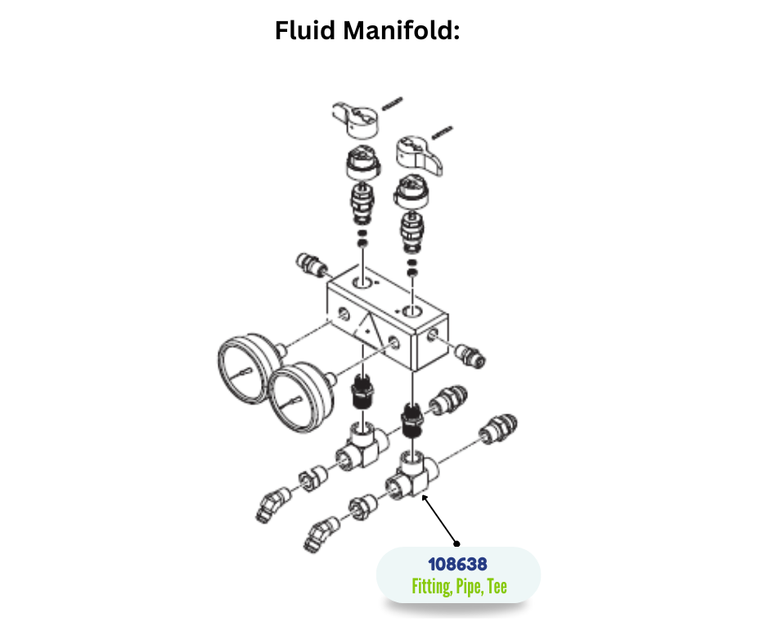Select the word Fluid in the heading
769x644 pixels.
pos(303,31)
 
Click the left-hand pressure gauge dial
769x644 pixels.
pos(246,371)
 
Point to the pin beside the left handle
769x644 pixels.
pos(393,103)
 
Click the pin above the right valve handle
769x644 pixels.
pos(442,131)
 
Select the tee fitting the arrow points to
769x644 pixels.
pos(416,476)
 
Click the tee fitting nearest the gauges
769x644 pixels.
pos(361,445)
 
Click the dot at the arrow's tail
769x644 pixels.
pos(457,543)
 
